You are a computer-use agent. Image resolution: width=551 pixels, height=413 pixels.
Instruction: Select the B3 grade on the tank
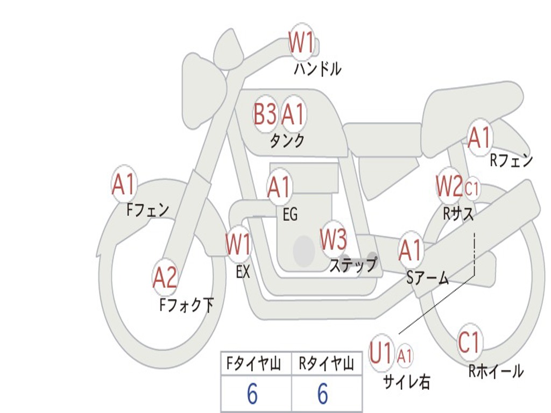click(x=265, y=114)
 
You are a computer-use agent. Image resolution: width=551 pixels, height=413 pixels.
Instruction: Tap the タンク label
click(x=287, y=141)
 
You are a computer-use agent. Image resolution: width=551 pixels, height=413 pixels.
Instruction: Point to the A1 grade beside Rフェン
click(x=479, y=138)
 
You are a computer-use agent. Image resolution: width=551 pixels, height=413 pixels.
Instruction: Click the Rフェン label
click(x=511, y=160)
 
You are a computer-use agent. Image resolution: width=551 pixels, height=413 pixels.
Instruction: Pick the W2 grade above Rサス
click(x=449, y=187)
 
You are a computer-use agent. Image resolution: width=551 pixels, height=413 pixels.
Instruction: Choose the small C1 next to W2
click(x=472, y=188)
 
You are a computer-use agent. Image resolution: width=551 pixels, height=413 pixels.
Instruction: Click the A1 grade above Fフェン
click(x=124, y=185)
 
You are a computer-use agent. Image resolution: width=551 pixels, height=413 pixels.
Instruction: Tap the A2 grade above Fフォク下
click(x=165, y=278)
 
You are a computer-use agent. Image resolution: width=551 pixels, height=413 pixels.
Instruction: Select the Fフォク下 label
click(x=187, y=305)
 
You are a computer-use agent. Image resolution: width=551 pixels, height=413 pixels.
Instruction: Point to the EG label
click(x=290, y=215)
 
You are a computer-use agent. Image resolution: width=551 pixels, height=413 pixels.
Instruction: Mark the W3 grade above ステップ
click(x=334, y=240)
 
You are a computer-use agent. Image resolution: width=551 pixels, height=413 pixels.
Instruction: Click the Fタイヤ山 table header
click(x=253, y=365)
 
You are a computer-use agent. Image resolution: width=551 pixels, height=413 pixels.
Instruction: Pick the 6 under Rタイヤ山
click(x=323, y=394)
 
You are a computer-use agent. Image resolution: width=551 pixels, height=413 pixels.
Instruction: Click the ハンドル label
click(x=318, y=69)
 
